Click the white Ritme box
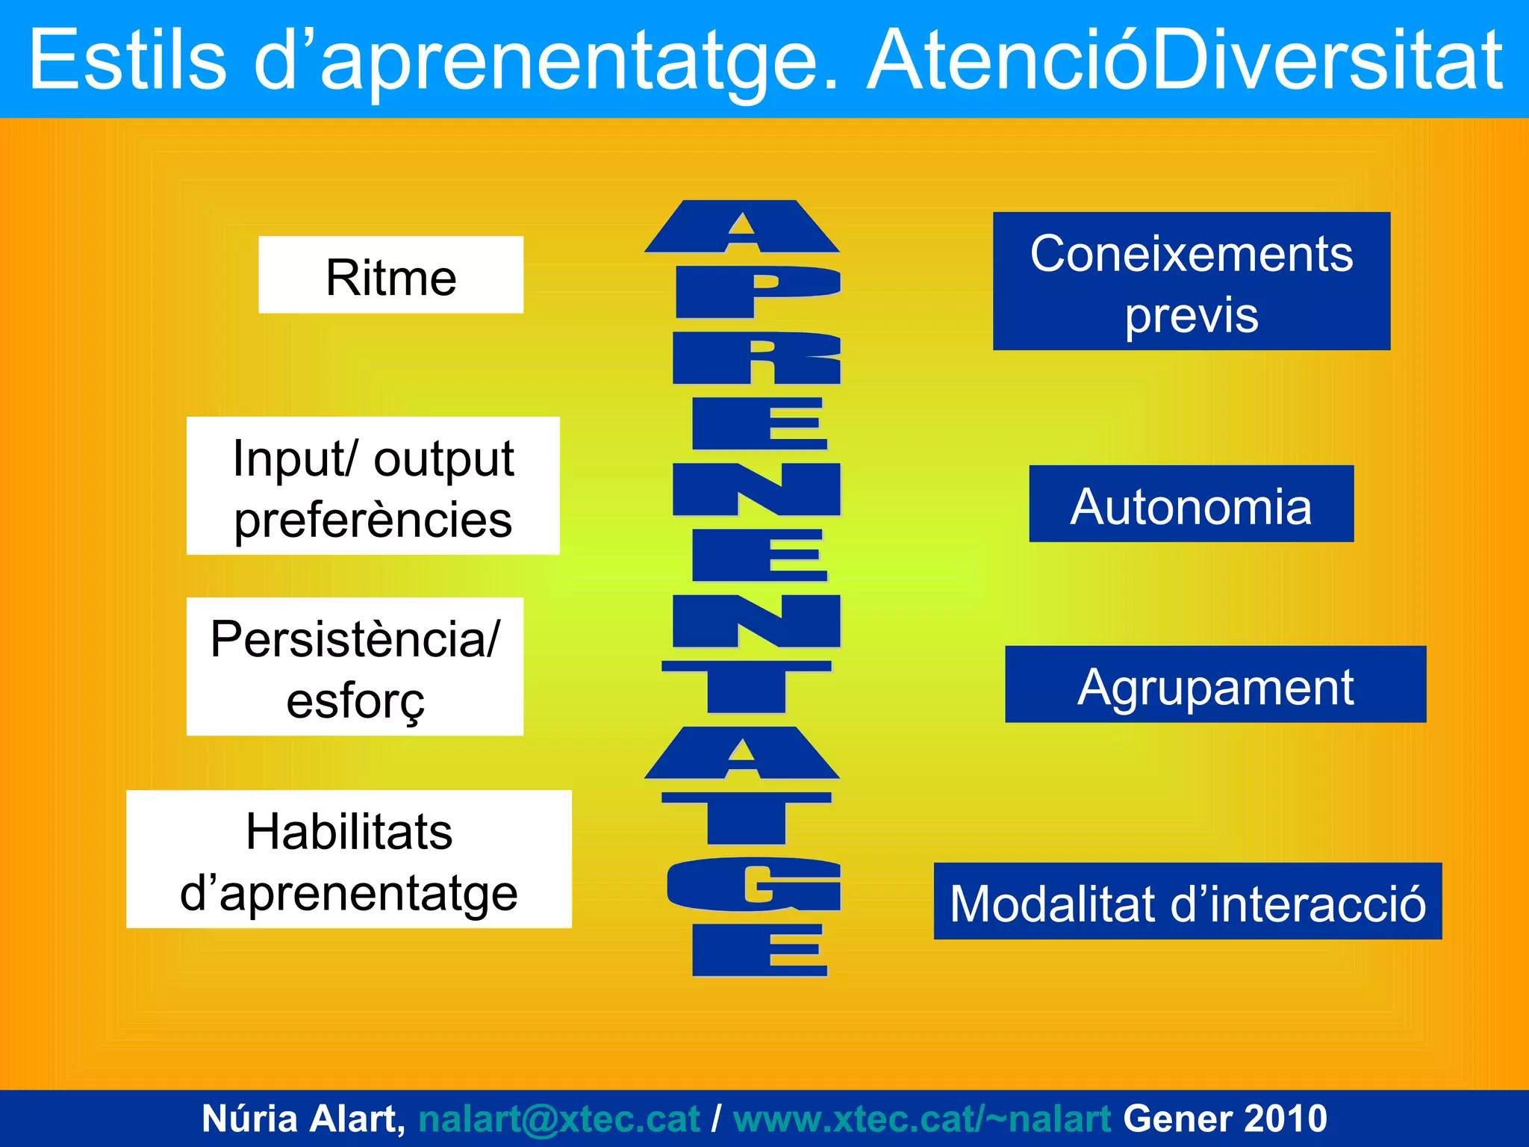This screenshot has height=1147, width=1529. point(390,275)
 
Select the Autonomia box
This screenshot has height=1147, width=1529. point(1191,504)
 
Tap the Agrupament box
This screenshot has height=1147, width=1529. point(1215,685)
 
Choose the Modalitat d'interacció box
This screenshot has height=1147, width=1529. point(1187,901)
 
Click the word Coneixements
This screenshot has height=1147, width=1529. point(1191,253)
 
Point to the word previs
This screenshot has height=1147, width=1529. point(1191,315)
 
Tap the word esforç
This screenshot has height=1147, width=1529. point(355,701)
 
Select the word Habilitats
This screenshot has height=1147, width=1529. point(349,831)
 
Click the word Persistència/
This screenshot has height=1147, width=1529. point(355,638)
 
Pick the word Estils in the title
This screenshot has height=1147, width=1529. point(127,60)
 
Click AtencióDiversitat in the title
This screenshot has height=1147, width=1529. point(1186,60)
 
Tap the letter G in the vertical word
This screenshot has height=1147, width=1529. point(754,885)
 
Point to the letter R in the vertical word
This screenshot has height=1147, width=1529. point(757,358)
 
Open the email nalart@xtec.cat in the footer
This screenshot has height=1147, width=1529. point(558,1119)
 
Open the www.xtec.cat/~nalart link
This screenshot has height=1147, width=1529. point(922,1119)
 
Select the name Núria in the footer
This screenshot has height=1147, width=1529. point(249,1119)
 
